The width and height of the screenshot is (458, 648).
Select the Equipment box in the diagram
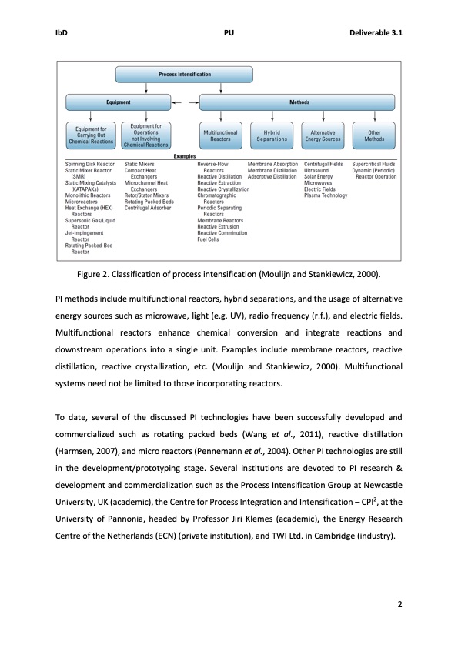click(x=117, y=102)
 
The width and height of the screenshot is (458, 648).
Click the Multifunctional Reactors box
click(x=220, y=136)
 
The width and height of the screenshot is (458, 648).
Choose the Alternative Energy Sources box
click(x=323, y=136)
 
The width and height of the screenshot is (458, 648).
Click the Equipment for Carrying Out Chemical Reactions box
click(x=90, y=136)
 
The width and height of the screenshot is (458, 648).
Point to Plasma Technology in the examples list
click(x=326, y=195)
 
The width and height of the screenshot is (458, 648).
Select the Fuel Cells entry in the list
click(x=209, y=239)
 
